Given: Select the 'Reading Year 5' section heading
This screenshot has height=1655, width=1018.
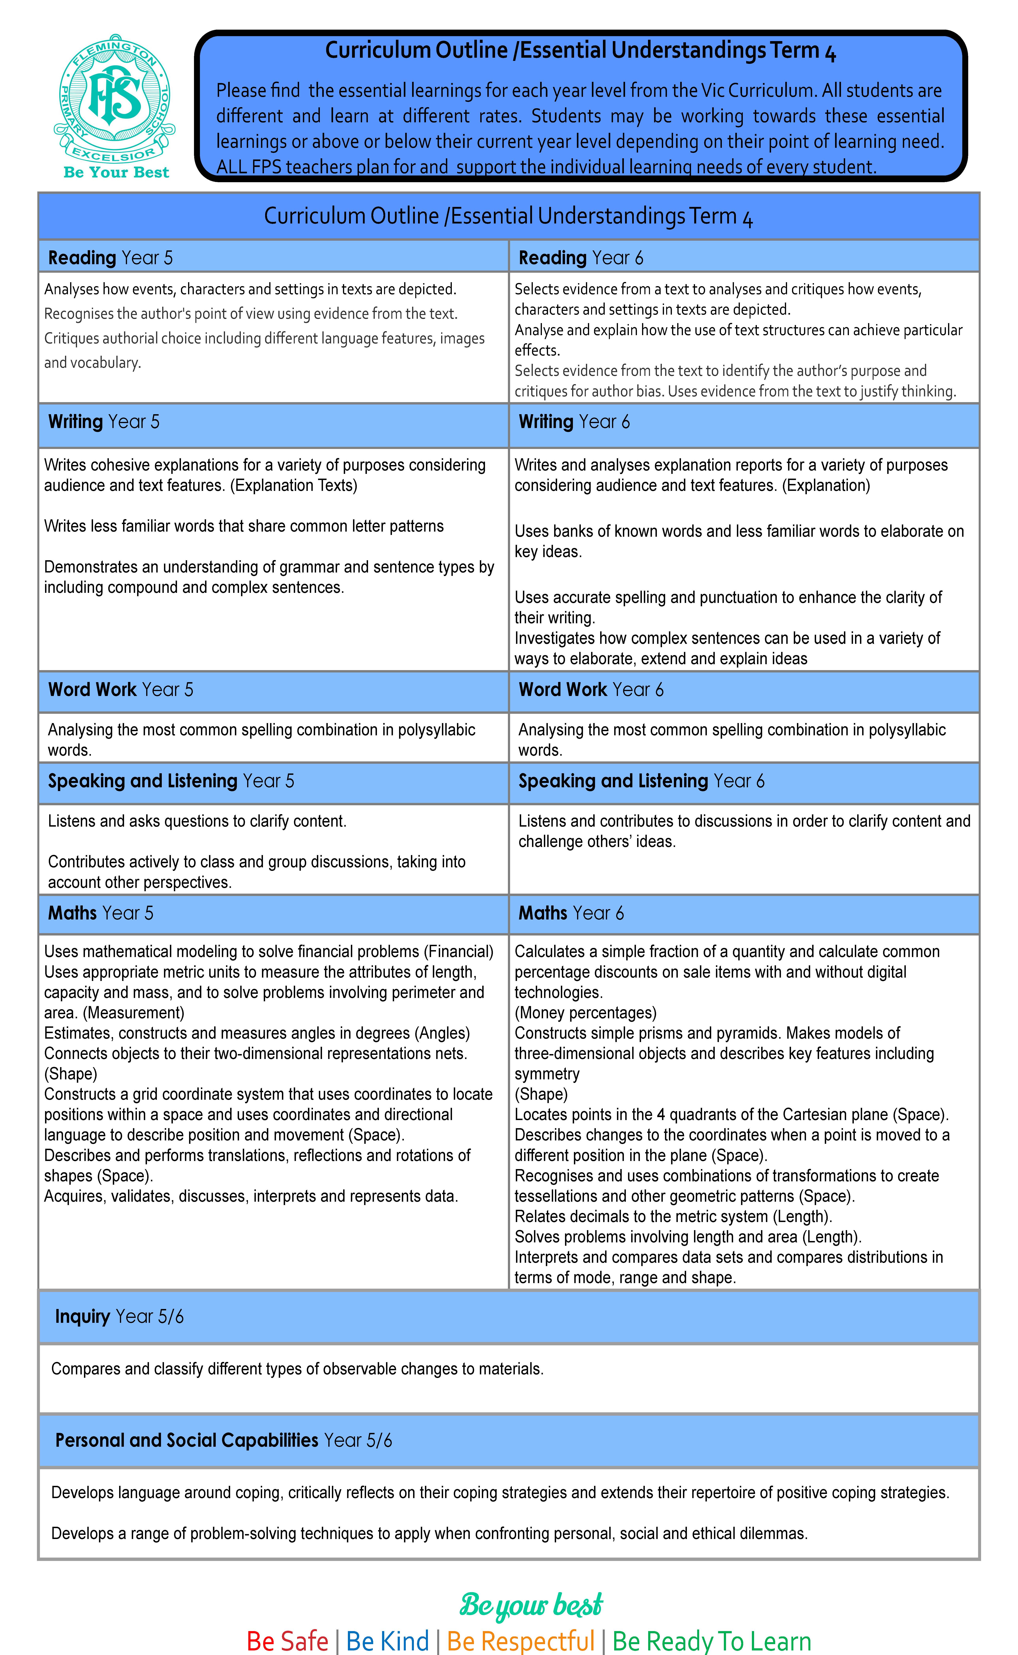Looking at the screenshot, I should (x=110, y=258).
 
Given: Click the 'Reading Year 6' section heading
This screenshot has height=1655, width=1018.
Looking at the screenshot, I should (x=580, y=258).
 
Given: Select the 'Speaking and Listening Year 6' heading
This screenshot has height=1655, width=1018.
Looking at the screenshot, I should (x=641, y=781).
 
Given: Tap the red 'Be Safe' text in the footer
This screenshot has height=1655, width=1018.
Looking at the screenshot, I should (x=287, y=1641).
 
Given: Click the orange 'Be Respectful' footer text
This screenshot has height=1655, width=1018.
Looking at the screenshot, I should (x=520, y=1641).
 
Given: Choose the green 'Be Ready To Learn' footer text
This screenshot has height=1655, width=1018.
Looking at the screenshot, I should (x=712, y=1641).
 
